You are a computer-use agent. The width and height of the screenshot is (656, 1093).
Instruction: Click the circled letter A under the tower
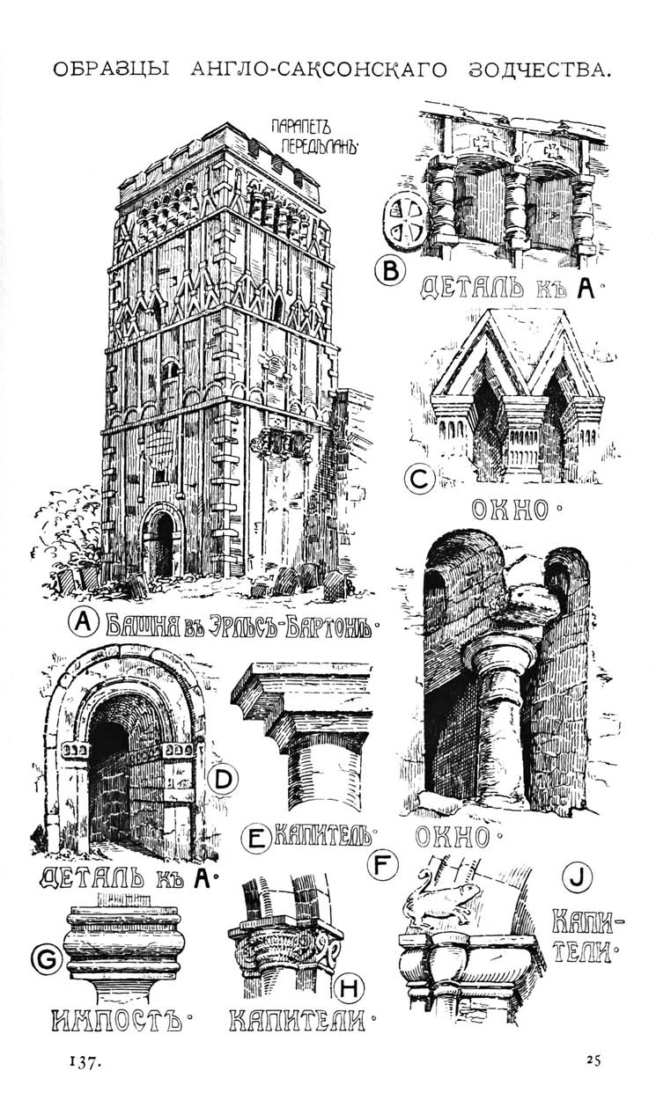point(84,623)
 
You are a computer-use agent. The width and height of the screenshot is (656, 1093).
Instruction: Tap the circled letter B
point(390,269)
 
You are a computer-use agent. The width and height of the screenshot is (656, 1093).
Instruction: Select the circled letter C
point(420,479)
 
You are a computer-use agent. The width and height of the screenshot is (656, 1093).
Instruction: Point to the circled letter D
point(223,779)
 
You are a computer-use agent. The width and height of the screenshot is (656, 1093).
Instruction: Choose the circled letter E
point(255,840)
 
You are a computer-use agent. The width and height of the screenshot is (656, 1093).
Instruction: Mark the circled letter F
point(382,865)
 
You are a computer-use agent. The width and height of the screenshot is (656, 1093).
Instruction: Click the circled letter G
point(47,960)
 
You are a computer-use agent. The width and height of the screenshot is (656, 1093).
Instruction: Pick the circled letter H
point(350,988)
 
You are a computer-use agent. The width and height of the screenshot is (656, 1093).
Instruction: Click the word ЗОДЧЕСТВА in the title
point(540,70)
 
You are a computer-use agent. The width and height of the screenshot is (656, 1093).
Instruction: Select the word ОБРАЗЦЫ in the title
point(111,70)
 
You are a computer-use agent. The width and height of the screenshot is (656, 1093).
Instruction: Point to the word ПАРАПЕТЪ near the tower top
point(301,127)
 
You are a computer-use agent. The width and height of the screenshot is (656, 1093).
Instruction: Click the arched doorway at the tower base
point(163,540)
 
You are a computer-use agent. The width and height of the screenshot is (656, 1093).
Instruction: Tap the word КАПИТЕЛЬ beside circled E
point(322,838)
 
